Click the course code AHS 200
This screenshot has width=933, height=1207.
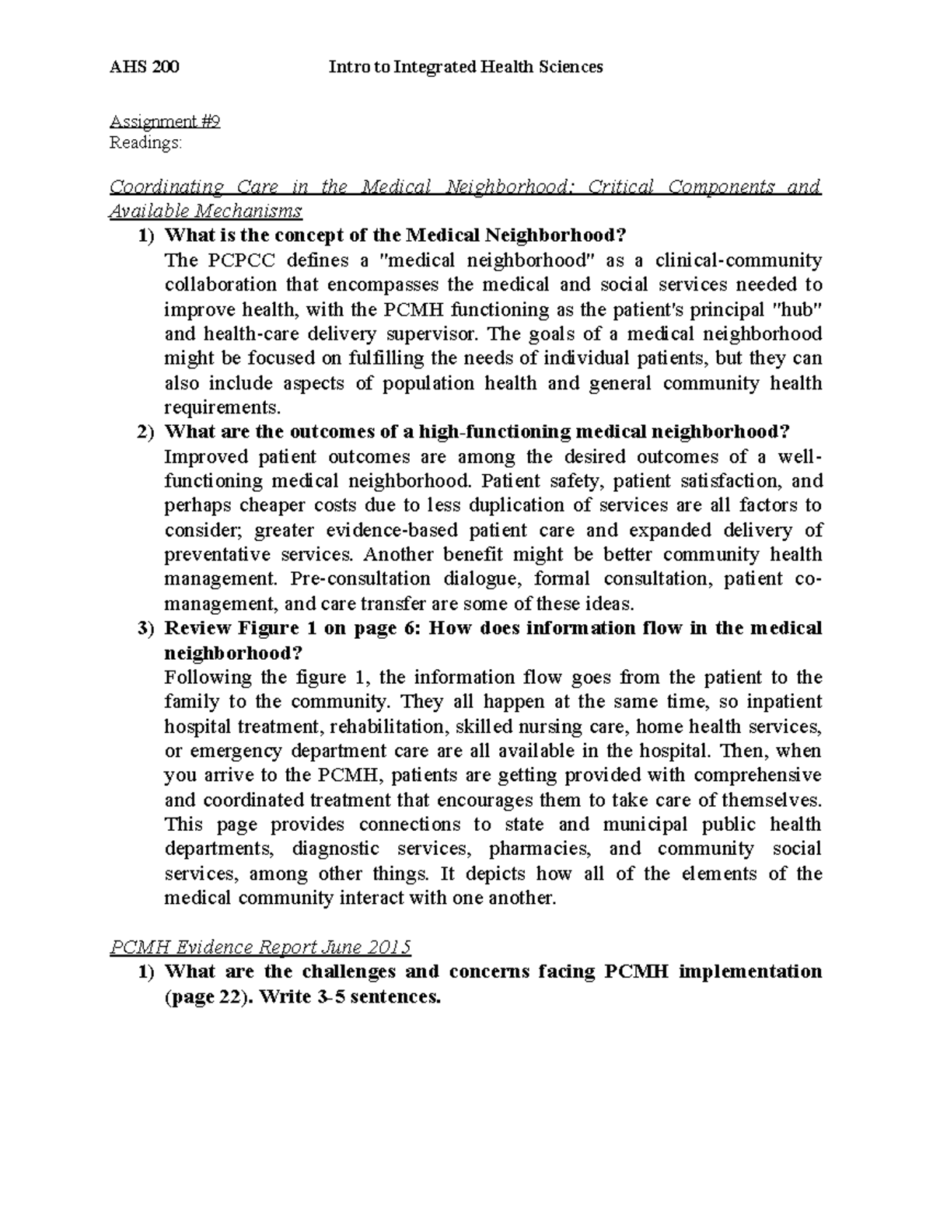coord(145,68)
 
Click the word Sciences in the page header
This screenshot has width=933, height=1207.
coord(569,68)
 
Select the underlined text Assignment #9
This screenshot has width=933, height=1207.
coord(165,121)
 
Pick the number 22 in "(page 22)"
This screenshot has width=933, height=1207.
coord(231,997)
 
